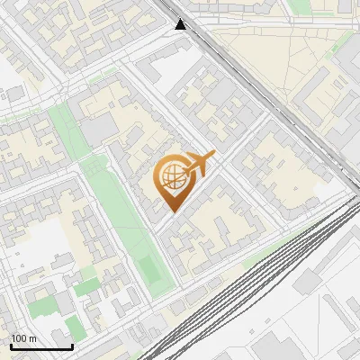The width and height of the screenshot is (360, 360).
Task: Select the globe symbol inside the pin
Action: point(170,177)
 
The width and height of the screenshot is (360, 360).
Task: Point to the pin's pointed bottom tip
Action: point(171,211)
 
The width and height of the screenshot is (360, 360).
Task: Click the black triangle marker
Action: point(181,23)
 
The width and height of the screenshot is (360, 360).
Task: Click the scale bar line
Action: point(41,346)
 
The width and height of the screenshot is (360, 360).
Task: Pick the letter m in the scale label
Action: point(33,338)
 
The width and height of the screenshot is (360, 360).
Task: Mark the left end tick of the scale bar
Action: point(11,345)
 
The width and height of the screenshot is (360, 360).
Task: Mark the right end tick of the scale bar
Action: point(72,345)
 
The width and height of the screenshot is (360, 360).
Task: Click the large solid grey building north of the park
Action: point(99,131)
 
